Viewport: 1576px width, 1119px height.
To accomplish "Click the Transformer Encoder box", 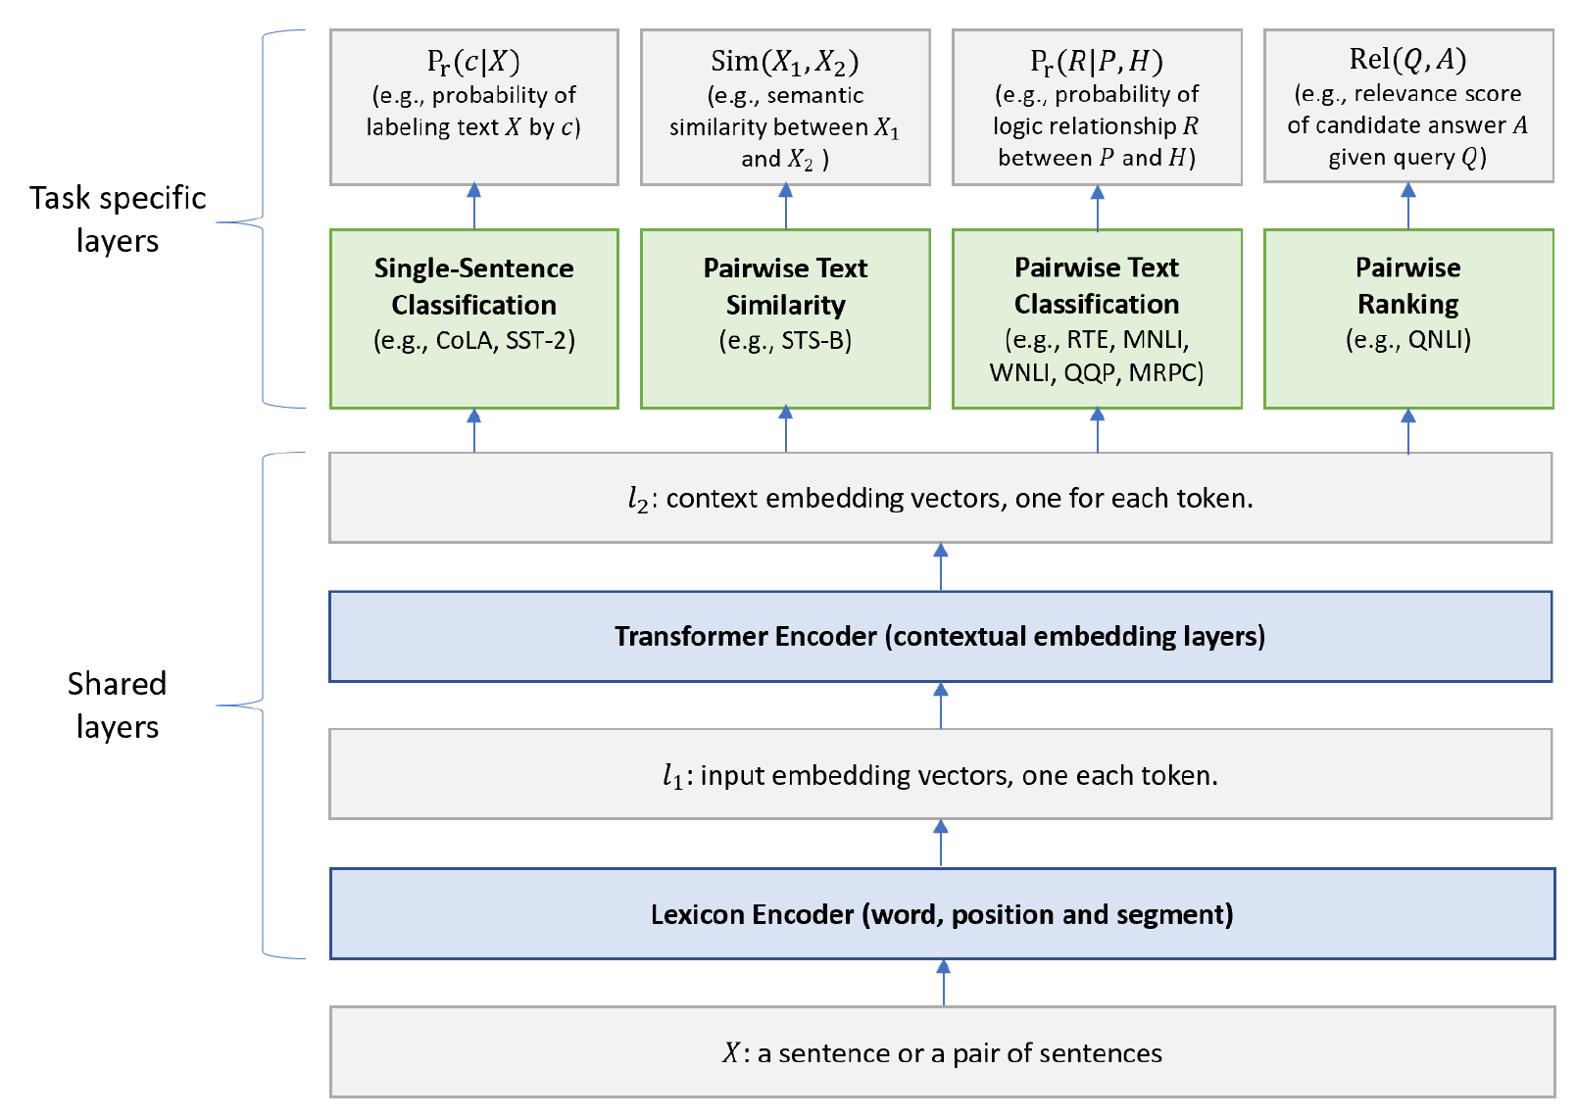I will pyautogui.click(x=940, y=636).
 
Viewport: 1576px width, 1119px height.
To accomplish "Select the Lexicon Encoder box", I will pyautogui.click(x=942, y=913).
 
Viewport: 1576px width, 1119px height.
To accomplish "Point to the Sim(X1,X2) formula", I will pyautogui.click(x=785, y=62).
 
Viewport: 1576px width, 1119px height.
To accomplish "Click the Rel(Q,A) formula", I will pyautogui.click(x=1407, y=60).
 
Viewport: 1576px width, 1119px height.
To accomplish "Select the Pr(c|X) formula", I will pyautogui.click(x=473, y=62).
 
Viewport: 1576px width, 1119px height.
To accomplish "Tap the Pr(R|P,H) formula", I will pyautogui.click(x=1097, y=62).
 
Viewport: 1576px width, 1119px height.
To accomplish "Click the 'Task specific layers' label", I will pyautogui.click(x=118, y=219).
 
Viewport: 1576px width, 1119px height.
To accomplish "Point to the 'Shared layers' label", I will pyautogui.click(x=118, y=705).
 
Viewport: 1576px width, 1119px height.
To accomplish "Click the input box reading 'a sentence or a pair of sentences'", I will pyautogui.click(x=942, y=1051).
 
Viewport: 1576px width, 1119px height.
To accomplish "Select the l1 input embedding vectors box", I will pyautogui.click(x=940, y=774).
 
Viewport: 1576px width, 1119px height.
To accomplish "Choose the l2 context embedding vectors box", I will pyautogui.click(x=940, y=497).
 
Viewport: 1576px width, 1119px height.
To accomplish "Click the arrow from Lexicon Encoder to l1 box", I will pyautogui.click(x=941, y=843).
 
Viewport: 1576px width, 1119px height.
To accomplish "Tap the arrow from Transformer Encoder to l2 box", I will pyautogui.click(x=941, y=566).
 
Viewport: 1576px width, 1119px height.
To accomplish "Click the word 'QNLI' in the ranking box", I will pyautogui.click(x=1436, y=340).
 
